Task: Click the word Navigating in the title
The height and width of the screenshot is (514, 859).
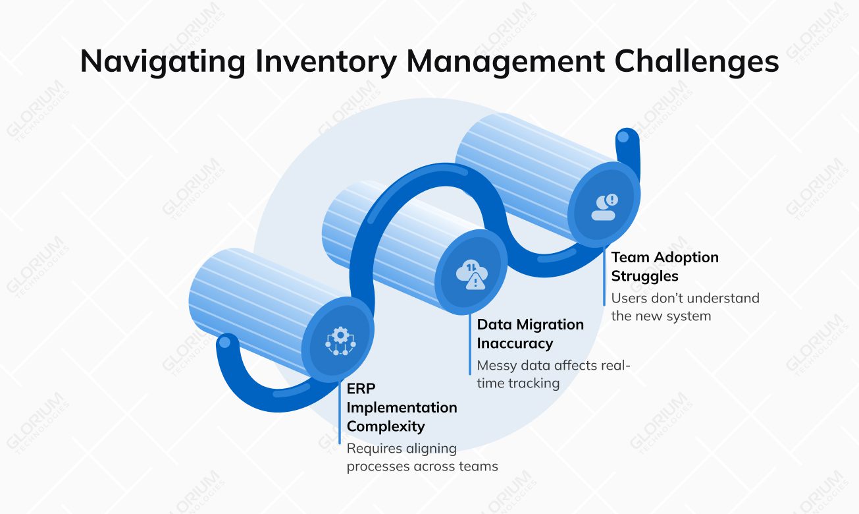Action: (x=162, y=62)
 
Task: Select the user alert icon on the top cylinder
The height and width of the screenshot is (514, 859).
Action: (x=604, y=206)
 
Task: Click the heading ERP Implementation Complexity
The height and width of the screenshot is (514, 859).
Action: (x=402, y=407)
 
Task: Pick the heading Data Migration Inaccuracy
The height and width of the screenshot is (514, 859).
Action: (x=530, y=333)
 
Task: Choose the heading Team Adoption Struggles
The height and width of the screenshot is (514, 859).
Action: (x=664, y=266)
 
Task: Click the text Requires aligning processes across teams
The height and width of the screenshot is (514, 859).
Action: (x=422, y=457)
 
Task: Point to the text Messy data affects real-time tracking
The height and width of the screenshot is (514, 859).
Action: (x=553, y=374)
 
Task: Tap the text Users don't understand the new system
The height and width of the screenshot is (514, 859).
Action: (x=685, y=307)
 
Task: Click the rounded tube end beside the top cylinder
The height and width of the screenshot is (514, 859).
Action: (x=623, y=140)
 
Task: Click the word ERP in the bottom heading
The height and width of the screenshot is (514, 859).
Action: (x=361, y=389)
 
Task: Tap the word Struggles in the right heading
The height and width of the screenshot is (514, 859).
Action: (x=644, y=275)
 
